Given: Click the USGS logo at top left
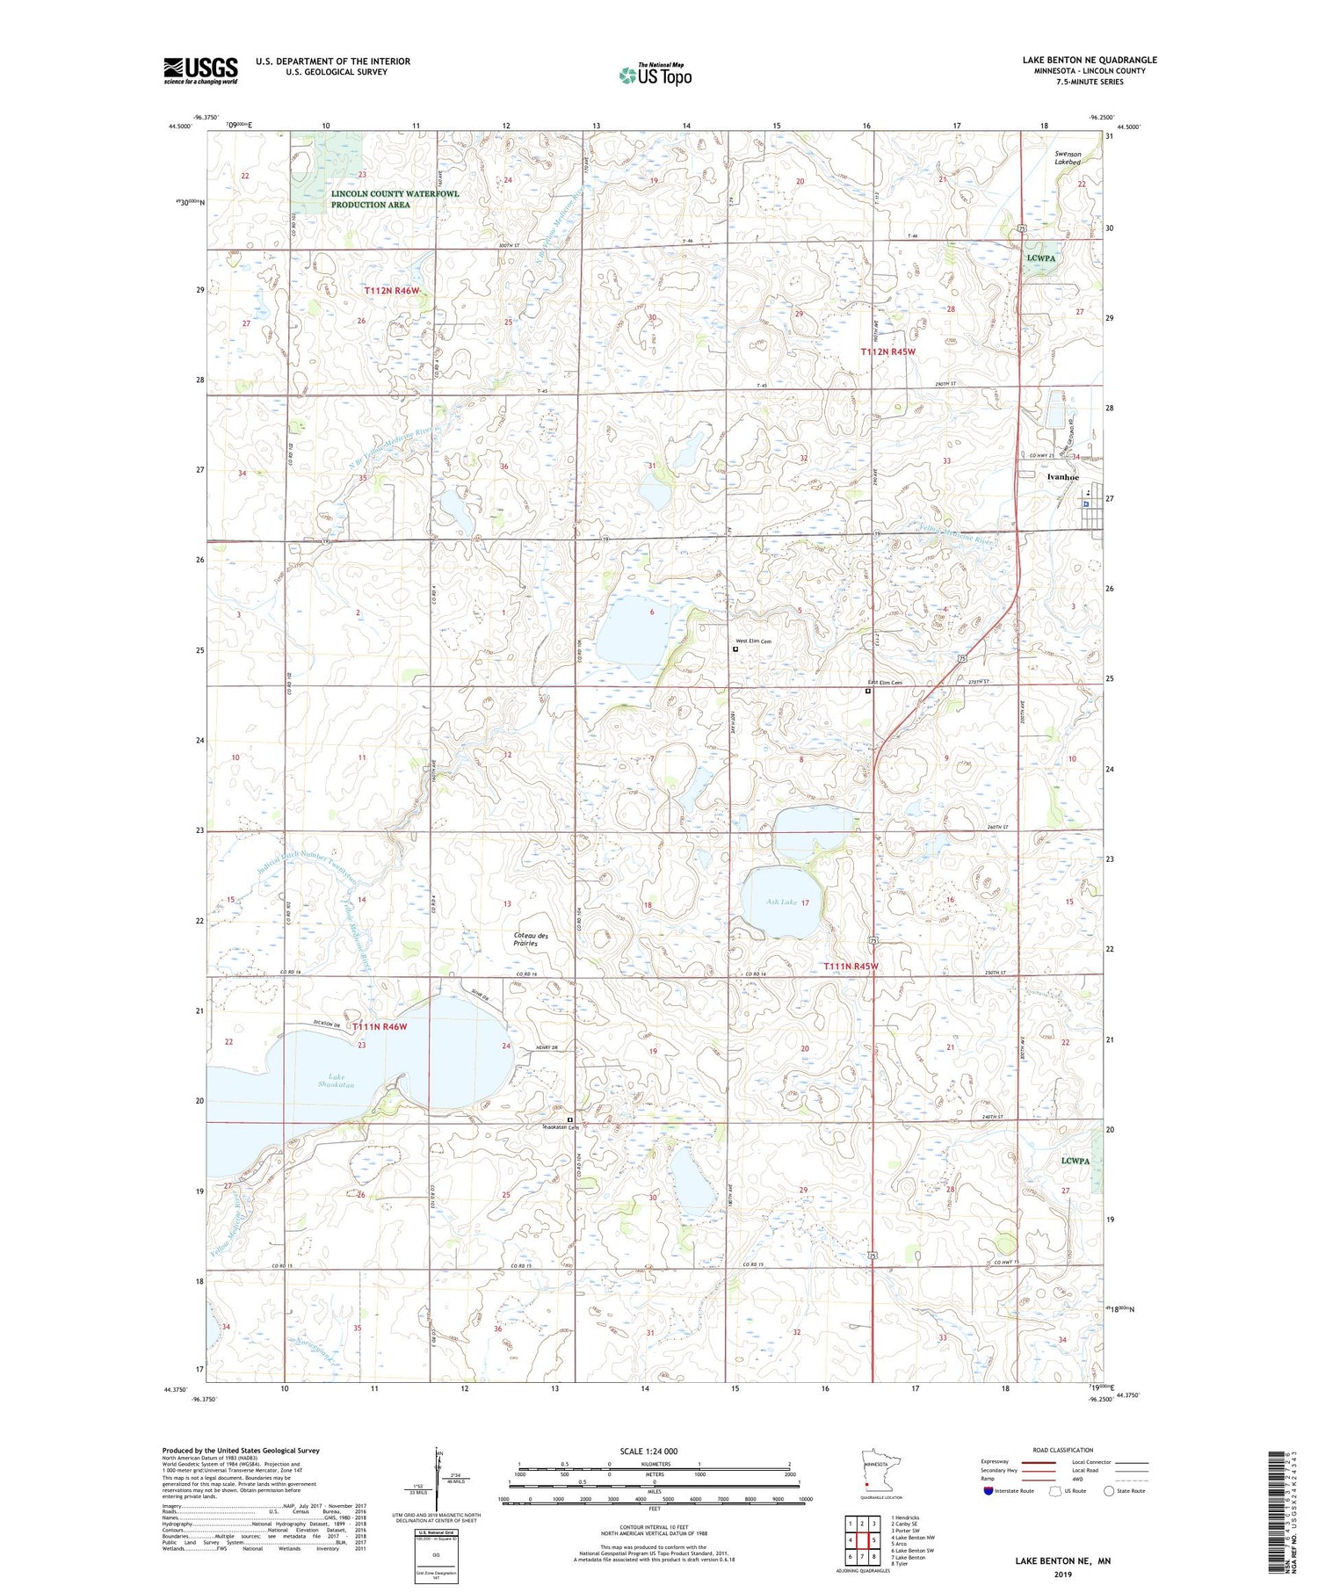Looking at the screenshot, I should [200, 70].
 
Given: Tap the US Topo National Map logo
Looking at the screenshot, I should [655, 75].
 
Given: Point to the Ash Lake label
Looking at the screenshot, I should [781, 902].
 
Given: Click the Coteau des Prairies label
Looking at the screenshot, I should [532, 939].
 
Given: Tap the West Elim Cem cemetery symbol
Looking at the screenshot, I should [735, 649].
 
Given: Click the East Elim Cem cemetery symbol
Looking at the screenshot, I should [868, 692].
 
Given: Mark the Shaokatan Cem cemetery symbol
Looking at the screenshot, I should [569, 1119].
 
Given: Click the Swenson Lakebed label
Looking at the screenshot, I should [1068, 158].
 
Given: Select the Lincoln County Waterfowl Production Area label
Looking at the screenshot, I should [370, 199].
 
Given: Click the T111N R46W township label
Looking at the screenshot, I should [380, 1025].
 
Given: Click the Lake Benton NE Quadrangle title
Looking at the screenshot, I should [1089, 60].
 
